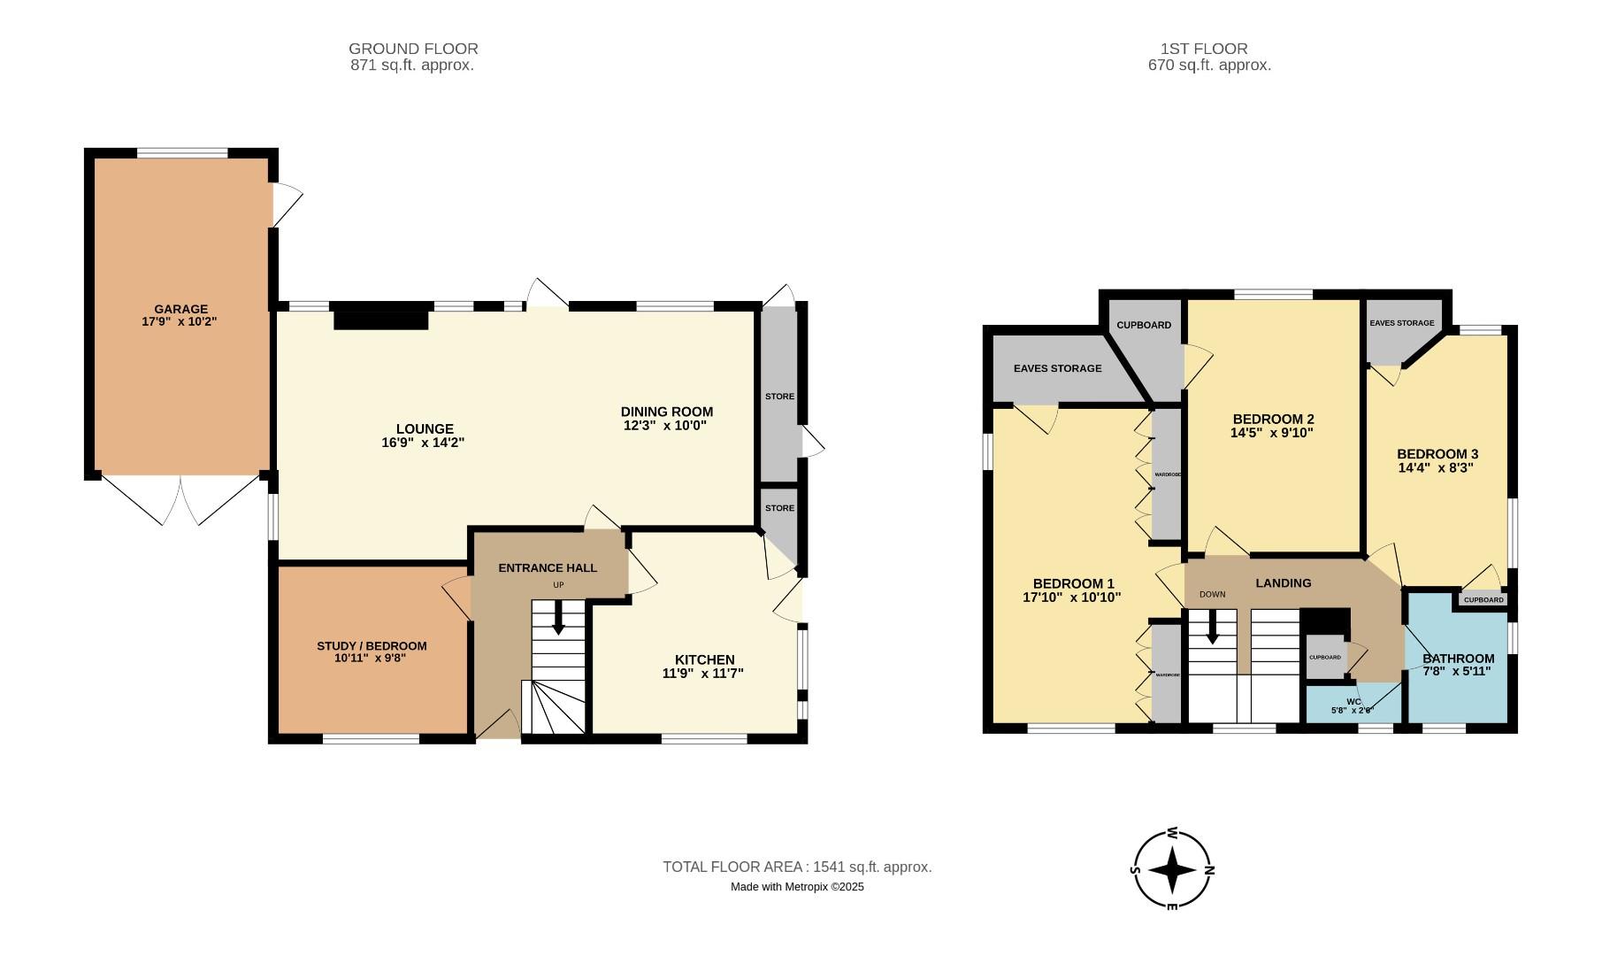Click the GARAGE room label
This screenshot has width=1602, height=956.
point(180,309)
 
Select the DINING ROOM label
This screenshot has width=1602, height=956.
point(666,412)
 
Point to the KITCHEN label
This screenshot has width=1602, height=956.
point(704,659)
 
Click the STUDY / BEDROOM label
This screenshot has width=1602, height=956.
point(372,646)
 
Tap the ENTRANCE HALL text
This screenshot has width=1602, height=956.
point(548,568)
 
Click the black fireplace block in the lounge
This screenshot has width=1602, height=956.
point(380,316)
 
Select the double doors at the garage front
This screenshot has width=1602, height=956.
point(180,500)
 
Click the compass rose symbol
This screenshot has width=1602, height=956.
point(1173,870)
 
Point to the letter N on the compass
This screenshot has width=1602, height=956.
point(1209,870)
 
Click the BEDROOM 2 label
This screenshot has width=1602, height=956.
point(1273,419)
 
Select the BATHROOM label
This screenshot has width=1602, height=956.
point(1458,659)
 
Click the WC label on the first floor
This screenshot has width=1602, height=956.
point(1353,701)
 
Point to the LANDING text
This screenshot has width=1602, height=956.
point(1283,582)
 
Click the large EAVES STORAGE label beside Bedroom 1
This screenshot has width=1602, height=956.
point(1057,368)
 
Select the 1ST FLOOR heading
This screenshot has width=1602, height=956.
point(1203,49)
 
